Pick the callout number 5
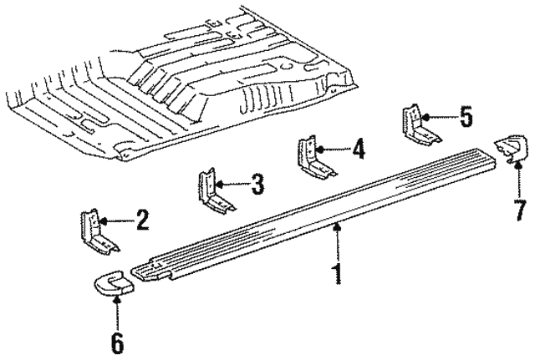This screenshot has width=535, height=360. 466,117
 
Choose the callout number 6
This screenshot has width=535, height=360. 117,341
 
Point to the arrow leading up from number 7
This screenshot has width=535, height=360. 517,177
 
